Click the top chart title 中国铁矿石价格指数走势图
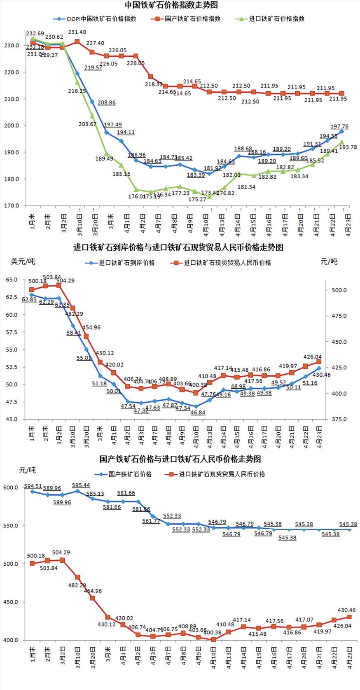tap(171, 5)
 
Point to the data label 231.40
tap(77, 32)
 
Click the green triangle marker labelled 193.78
tap(342, 142)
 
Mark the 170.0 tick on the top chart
tap(12, 205)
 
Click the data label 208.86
tap(107, 103)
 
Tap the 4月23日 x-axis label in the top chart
tap(348, 224)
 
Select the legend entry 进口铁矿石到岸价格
tap(126, 263)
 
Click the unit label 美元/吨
tap(23, 261)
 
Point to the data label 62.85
tap(29, 300)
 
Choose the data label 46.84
tap(198, 412)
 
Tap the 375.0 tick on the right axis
tap(339, 419)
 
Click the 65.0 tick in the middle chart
tap(12, 280)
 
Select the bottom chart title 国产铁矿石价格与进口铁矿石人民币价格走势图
tap(180, 459)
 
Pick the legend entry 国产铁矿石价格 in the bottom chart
tap(130, 474)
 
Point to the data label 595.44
tap(81, 485)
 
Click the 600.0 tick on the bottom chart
tap(11, 487)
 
